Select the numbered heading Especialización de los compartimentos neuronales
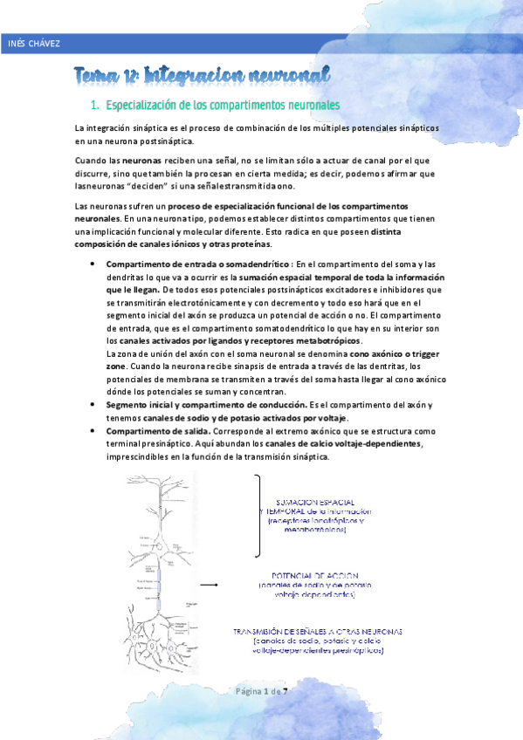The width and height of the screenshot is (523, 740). coord(222,106)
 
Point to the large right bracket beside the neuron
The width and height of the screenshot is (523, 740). coord(259,515)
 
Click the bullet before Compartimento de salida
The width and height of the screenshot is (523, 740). coord(93,432)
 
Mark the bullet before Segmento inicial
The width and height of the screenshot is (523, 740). coord(93,406)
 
